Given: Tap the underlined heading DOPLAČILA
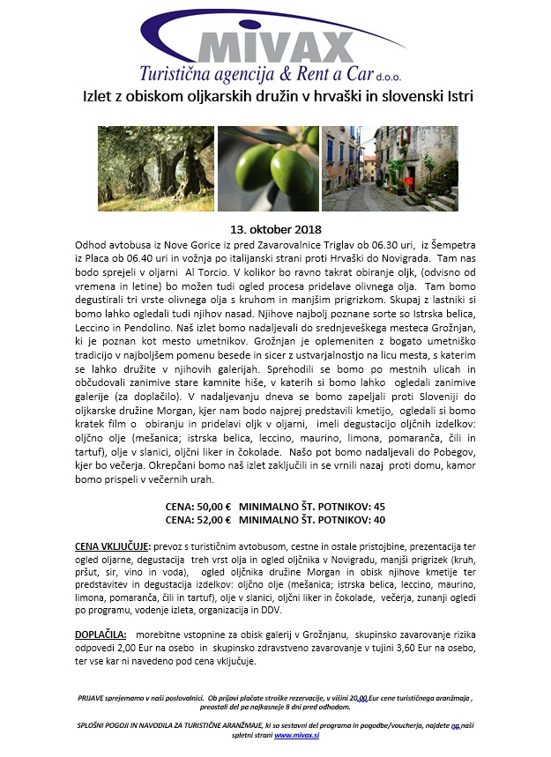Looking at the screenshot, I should coord(101,634).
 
